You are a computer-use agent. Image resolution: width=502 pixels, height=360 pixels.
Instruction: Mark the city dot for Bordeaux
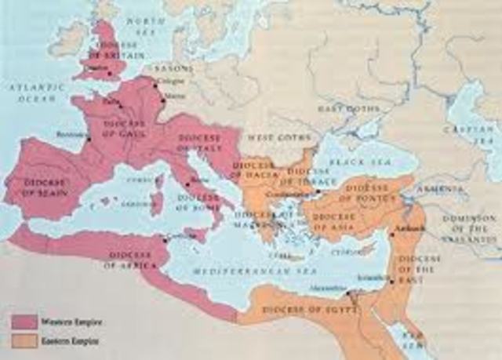click(x=89, y=140)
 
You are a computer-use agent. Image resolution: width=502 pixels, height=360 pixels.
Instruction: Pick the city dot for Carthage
click(x=163, y=238)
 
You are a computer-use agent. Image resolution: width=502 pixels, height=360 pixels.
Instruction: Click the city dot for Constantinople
click(x=317, y=192)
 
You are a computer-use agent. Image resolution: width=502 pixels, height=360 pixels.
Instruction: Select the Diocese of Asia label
click(x=334, y=216)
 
